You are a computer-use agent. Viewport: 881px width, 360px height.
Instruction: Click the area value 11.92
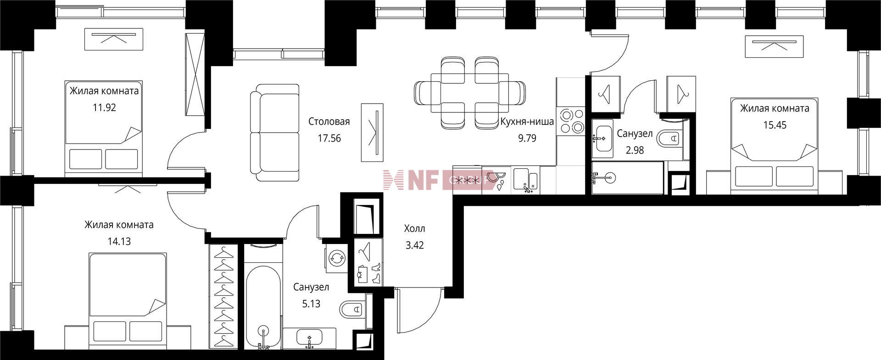[104, 108]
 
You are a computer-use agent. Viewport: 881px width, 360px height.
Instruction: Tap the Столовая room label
[329, 122]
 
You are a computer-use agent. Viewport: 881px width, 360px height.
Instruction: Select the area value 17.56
[329, 138]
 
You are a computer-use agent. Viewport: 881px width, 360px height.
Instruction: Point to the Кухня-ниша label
[527, 122]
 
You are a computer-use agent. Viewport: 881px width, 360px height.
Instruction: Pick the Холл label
[415, 228]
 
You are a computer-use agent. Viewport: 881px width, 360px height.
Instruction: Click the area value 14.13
[119, 241]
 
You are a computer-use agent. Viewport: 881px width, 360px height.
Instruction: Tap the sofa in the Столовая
[275, 133]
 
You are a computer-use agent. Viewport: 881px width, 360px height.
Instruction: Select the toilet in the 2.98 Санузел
[670, 137]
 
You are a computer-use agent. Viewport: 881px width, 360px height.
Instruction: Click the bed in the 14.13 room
[128, 303]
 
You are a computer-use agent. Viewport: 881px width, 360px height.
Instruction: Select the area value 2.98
[635, 150]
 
